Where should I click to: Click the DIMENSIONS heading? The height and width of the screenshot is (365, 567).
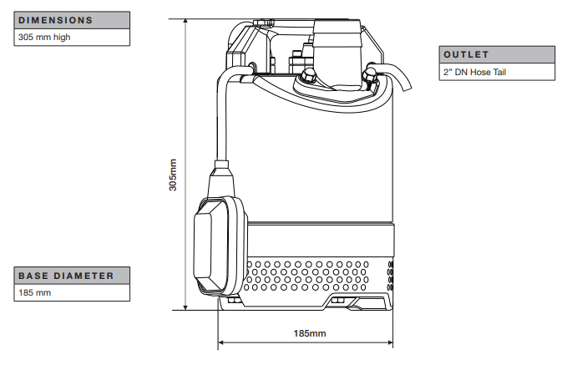(x=55, y=20)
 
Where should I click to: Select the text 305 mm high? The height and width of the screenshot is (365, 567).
(x=44, y=37)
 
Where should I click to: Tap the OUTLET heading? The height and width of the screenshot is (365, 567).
(x=466, y=54)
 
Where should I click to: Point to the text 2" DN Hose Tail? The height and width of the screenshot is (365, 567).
(x=474, y=72)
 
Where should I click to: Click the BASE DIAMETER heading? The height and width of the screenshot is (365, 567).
(x=66, y=276)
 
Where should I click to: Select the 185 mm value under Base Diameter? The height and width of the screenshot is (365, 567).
(x=35, y=292)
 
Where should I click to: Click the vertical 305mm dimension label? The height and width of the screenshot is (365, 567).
(x=173, y=175)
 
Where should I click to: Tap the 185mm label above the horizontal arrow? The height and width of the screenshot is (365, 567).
(x=310, y=333)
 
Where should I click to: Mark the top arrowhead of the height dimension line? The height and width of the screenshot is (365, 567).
(x=185, y=22)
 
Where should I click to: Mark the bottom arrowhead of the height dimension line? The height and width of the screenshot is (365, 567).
(x=185, y=307)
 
